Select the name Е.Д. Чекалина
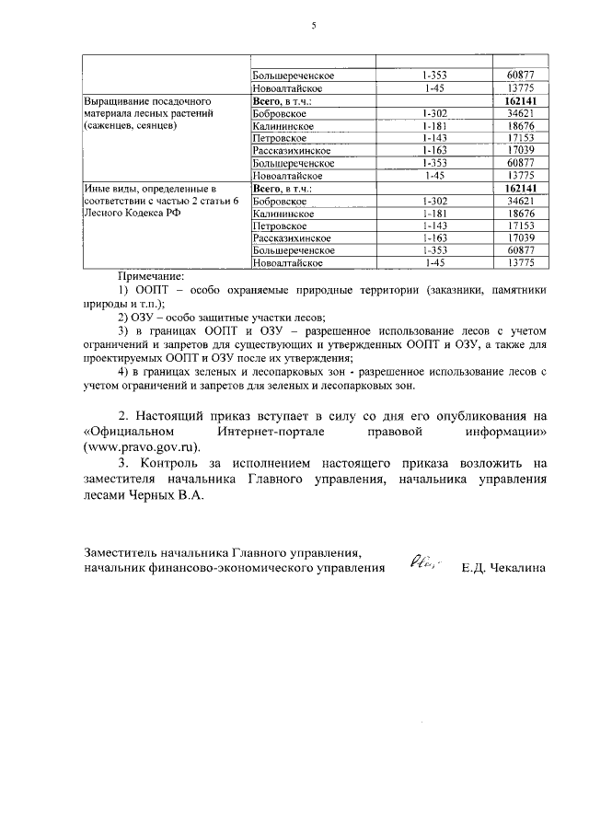point(505,568)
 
